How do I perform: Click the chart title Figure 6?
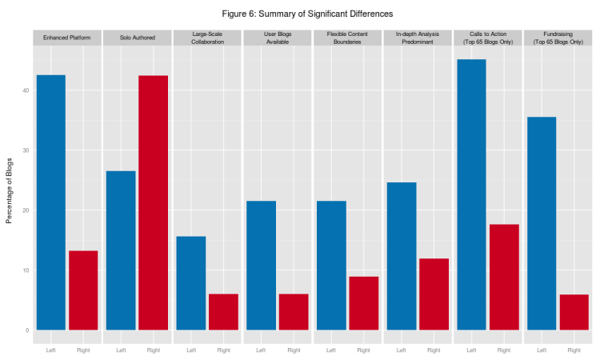click(x=307, y=14)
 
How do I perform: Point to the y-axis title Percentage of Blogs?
click(x=10, y=191)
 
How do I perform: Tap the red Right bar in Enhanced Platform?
click(x=83, y=290)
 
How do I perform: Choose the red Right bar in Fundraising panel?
click(x=574, y=312)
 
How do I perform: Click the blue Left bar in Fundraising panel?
click(x=542, y=223)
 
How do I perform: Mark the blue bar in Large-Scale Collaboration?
click(x=191, y=283)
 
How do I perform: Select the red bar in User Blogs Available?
click(x=294, y=312)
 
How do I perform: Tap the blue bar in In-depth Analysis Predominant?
click(x=402, y=256)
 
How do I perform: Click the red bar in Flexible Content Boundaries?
click(x=363, y=303)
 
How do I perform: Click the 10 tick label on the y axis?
click(x=26, y=270)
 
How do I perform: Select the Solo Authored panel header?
click(x=138, y=38)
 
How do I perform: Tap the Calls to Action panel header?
click(x=487, y=38)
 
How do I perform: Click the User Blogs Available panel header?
click(x=278, y=38)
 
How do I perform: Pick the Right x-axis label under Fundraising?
click(x=574, y=350)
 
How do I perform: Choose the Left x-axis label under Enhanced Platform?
click(x=51, y=350)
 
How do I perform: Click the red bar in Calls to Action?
click(x=504, y=277)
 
